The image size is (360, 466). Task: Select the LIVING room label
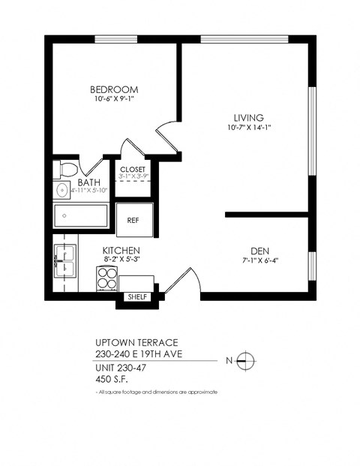pos(247,118)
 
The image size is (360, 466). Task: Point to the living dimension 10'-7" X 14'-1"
pos(247,128)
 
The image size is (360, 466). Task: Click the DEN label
pos(259,251)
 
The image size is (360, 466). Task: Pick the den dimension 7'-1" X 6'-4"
pos(259,261)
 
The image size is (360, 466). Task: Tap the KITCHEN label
pos(121,250)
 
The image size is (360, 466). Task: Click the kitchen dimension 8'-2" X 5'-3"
pos(121,260)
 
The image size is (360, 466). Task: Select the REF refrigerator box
pos(133,220)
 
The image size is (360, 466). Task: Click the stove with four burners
pos(108,279)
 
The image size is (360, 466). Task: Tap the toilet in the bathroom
pos(67,169)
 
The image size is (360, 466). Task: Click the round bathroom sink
pos(61,190)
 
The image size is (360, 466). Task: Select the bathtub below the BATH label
pos(81,216)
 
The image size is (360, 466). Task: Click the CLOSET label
pos(133,170)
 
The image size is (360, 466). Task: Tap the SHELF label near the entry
pos(137,297)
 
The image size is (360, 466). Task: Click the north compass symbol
pos(245,361)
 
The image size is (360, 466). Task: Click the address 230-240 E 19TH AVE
pos(140,353)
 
